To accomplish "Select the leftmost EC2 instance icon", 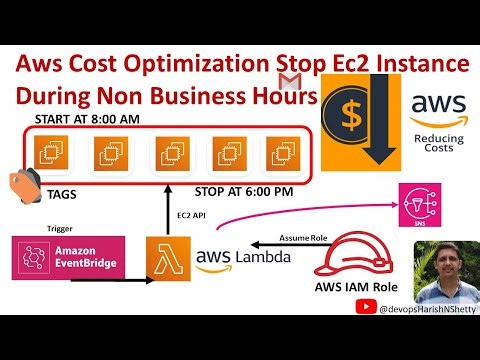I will [48, 153].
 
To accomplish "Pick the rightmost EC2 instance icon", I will [276, 153].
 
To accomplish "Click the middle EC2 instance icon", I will [165, 153].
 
